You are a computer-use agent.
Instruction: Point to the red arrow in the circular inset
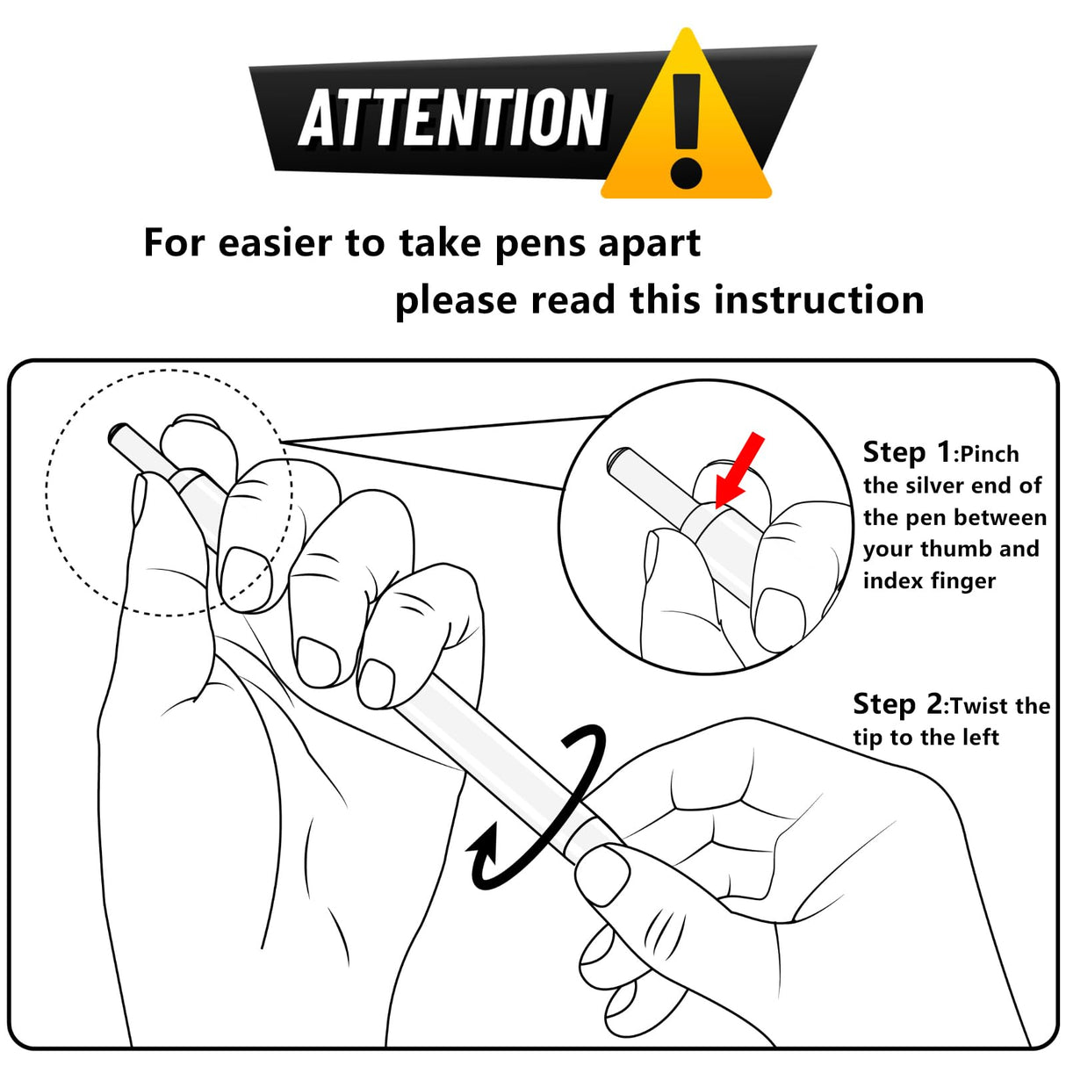739,470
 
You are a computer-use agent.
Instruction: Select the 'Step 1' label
907,452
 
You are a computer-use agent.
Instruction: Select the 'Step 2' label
897,703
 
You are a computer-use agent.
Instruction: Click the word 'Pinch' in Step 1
989,455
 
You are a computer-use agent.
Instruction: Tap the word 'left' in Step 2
980,738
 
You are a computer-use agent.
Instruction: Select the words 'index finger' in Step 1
929,581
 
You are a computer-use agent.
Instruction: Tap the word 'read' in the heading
573,299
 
